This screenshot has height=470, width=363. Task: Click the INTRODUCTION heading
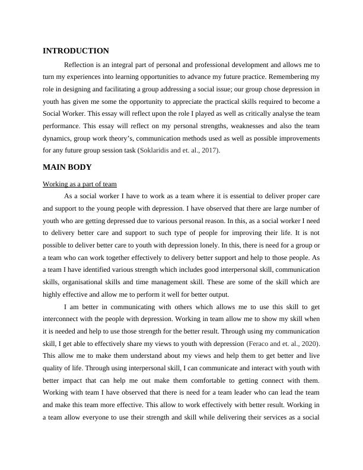point(76,51)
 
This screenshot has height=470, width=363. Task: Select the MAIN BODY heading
point(67,167)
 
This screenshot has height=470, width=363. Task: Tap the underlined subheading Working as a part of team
point(80,184)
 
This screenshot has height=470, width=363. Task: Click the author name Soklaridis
point(157,150)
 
